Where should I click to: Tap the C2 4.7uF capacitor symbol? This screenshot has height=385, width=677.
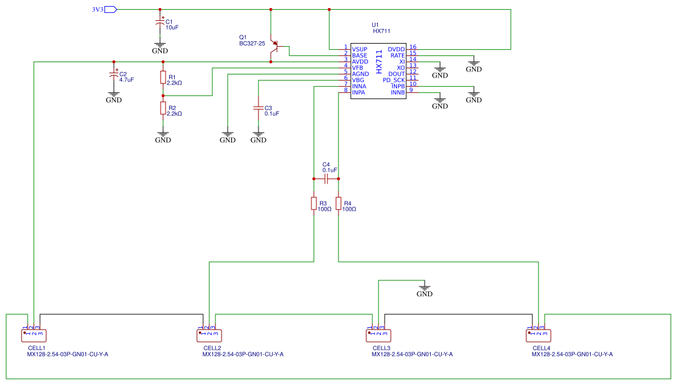tap(114, 76)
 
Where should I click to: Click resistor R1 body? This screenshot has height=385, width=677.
tap(163, 78)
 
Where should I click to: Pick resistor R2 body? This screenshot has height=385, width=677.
tap(163, 108)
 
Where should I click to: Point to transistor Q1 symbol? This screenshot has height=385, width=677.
tap(275, 47)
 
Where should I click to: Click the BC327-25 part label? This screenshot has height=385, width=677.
tap(252, 44)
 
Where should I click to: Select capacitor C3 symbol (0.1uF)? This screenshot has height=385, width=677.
tap(258, 108)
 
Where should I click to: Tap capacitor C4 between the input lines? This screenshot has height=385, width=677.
tap(327, 179)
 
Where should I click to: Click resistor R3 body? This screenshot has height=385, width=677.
tap(314, 204)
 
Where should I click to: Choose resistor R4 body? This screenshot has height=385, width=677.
tap(338, 204)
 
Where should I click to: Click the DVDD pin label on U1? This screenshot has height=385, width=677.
tap(396, 49)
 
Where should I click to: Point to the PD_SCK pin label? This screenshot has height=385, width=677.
tap(394, 80)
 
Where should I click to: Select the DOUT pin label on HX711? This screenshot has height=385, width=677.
tap(397, 74)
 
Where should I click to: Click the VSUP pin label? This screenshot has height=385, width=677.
tap(359, 49)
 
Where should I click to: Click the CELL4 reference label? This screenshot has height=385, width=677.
tap(541, 348)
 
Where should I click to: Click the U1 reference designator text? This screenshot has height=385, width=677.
tap(375, 25)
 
